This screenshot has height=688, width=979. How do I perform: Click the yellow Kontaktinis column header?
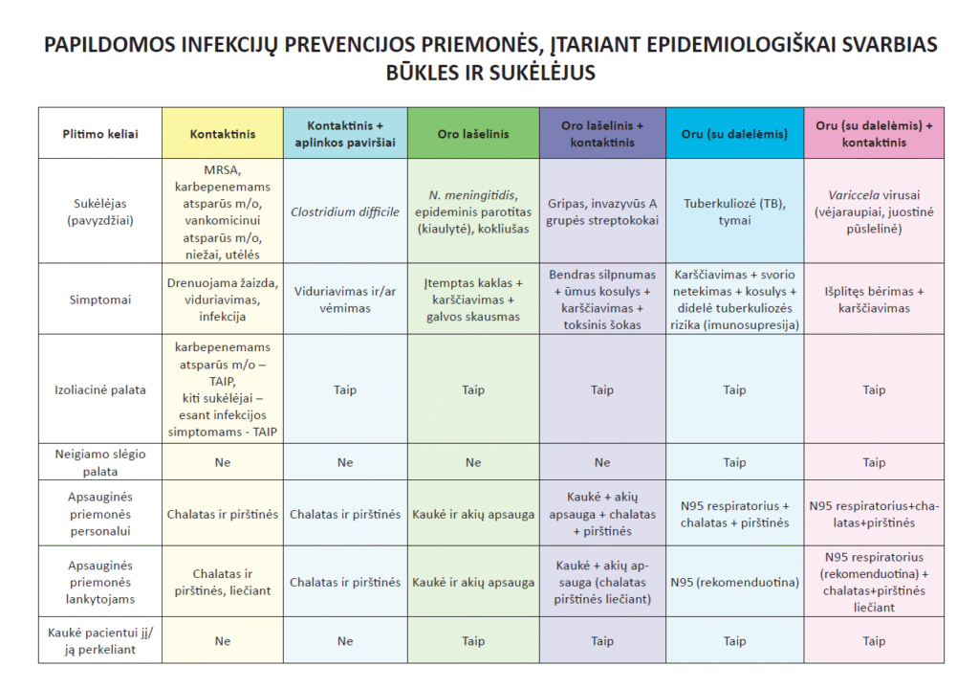(x=222, y=134)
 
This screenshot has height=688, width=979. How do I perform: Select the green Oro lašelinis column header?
(x=472, y=134)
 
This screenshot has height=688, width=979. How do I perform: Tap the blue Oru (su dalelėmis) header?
(x=734, y=134)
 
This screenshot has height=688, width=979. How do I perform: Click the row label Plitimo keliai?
(x=99, y=134)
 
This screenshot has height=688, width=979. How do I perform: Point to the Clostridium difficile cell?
(x=345, y=211)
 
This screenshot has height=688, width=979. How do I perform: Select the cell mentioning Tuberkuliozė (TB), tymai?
(x=734, y=211)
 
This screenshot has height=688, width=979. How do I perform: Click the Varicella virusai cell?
(x=874, y=211)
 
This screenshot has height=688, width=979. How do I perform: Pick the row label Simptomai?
(x=99, y=300)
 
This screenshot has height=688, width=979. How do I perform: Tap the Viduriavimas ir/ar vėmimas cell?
(x=345, y=300)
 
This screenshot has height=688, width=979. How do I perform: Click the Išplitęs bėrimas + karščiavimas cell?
(x=874, y=300)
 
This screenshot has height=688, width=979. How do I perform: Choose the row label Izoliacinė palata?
(x=99, y=389)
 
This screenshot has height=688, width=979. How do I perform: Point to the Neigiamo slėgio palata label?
(x=99, y=462)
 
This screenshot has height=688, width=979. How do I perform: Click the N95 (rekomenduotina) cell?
(x=734, y=582)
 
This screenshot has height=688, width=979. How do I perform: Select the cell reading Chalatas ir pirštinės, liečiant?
(x=222, y=582)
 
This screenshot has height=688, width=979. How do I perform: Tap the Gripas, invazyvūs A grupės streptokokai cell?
(x=601, y=211)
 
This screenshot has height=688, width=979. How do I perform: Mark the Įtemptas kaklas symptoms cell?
(x=472, y=300)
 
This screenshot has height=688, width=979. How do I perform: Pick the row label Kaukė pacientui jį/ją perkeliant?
(x=99, y=641)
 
